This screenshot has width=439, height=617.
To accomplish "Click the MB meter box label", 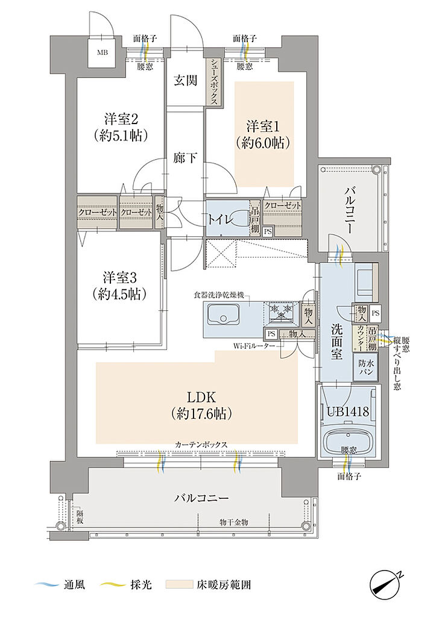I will [x=100, y=51].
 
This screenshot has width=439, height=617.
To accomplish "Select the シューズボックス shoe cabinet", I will [x=213, y=83].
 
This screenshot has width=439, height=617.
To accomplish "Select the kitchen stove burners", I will [x=280, y=311].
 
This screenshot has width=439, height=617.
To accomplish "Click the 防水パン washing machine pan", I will [x=366, y=368].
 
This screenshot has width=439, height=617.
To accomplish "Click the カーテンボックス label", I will [x=201, y=444].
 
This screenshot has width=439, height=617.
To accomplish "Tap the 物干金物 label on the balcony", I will [x=233, y=521].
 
